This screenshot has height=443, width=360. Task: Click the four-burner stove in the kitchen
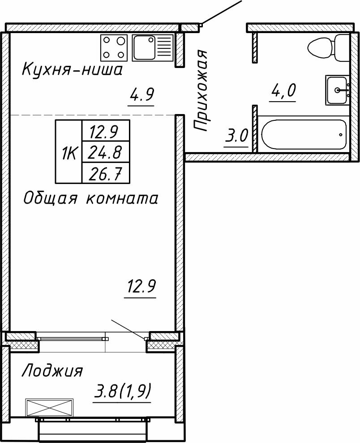(x=114, y=47)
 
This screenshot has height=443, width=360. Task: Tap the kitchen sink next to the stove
(x=152, y=47)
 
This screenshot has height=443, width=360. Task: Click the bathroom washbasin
(x=337, y=90)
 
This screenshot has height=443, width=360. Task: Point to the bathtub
(x=303, y=134)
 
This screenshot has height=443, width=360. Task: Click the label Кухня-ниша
(x=72, y=70)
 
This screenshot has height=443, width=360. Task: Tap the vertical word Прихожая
(x=202, y=91)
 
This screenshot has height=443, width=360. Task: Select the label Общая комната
(x=90, y=198)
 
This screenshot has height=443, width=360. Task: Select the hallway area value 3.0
(x=236, y=136)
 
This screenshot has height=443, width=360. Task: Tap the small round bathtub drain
(x=341, y=134)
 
